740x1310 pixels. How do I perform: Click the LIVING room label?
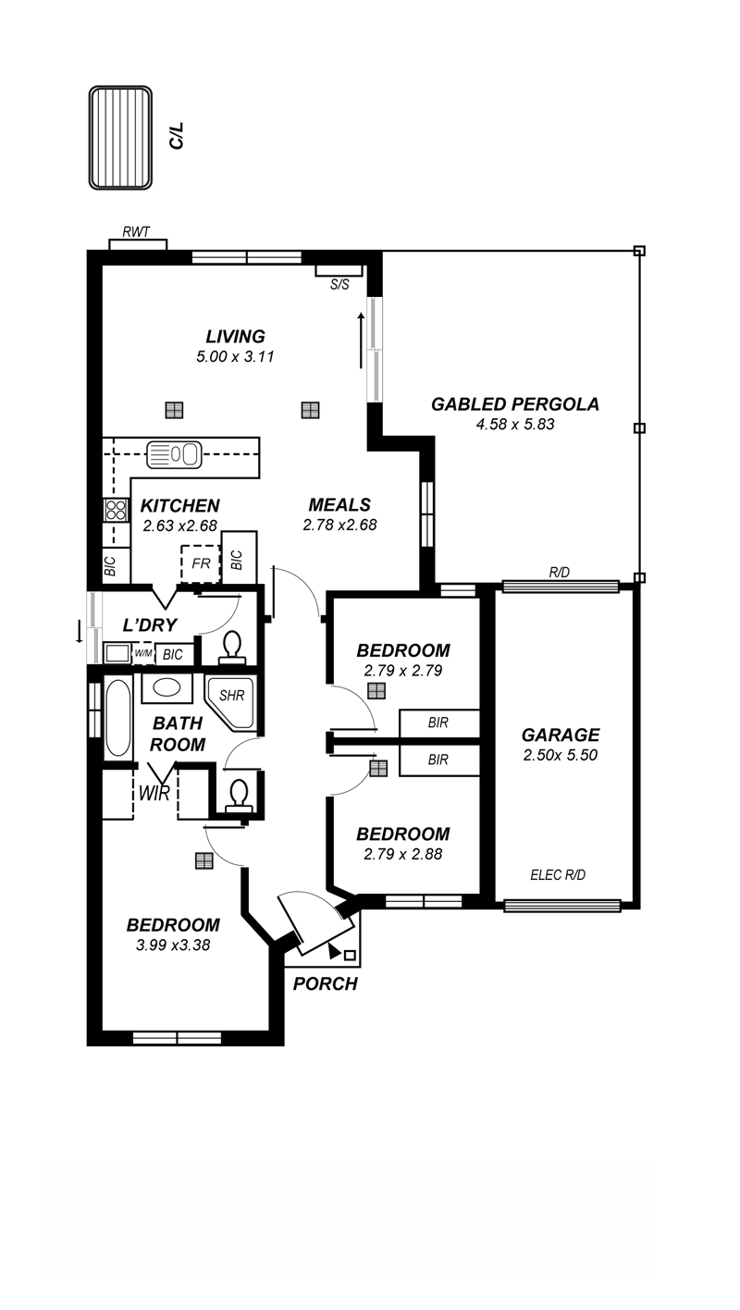pyautogui.click(x=235, y=336)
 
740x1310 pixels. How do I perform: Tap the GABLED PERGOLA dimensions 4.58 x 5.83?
pyautogui.click(x=515, y=424)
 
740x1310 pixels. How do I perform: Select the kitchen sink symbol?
pyautogui.click(x=174, y=454)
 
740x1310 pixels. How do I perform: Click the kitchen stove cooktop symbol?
pyautogui.click(x=115, y=510)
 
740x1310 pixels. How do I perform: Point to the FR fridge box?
pyautogui.click(x=201, y=563)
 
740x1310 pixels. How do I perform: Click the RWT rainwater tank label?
pyautogui.click(x=136, y=232)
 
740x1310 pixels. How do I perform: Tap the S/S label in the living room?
pyautogui.click(x=339, y=285)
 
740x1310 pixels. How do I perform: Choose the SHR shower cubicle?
pyautogui.click(x=231, y=703)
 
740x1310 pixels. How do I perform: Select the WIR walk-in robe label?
pyautogui.click(x=154, y=794)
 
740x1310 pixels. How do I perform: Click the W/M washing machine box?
pyautogui.click(x=143, y=653)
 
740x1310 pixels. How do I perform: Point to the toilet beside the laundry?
pyautogui.click(x=232, y=647)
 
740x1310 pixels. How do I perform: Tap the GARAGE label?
pyautogui.click(x=561, y=735)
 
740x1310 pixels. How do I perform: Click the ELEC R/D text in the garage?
pyautogui.click(x=558, y=875)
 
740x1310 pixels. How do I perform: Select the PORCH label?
pyautogui.click(x=325, y=983)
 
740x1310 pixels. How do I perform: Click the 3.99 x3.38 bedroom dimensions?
pyautogui.click(x=173, y=945)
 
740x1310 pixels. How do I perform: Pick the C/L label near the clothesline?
pyautogui.click(x=177, y=135)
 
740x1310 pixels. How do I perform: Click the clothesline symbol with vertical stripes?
pyautogui.click(x=120, y=138)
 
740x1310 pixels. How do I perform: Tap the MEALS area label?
pyautogui.click(x=339, y=505)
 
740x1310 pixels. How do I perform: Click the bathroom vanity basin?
pyautogui.click(x=166, y=687)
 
